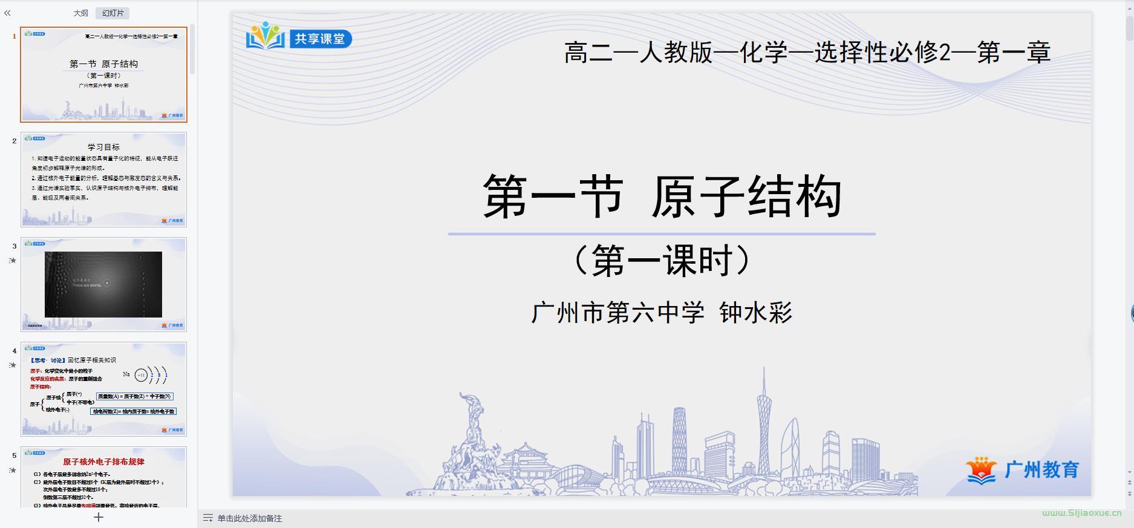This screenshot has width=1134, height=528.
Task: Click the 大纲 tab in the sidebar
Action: [x=80, y=13]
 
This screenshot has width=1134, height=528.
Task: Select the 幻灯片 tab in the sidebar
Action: [x=112, y=13]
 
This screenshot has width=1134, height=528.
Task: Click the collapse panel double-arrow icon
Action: [x=7, y=13]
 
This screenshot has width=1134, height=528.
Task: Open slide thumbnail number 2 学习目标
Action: [x=103, y=179]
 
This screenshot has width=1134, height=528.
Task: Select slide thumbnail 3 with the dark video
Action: [x=103, y=284]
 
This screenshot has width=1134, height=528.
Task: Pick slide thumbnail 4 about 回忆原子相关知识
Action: [x=103, y=389]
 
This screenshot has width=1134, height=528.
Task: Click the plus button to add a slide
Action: [x=99, y=517]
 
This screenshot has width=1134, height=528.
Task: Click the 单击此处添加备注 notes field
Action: [x=250, y=518]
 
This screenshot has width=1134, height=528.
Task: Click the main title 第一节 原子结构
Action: [x=662, y=197]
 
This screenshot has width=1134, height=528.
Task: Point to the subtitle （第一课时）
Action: [x=662, y=261]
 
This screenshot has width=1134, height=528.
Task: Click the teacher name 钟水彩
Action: [x=755, y=313]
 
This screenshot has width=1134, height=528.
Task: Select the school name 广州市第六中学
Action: [x=618, y=313]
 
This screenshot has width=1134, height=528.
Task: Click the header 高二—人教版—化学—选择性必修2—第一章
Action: [x=807, y=53]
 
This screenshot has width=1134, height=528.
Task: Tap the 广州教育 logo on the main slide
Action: [x=1023, y=470]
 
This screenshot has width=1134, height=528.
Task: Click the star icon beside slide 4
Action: [x=12, y=365]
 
